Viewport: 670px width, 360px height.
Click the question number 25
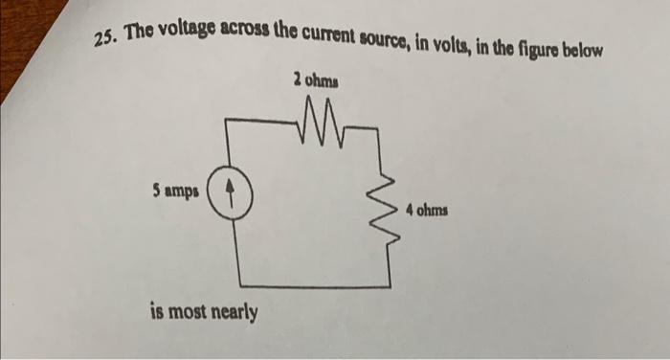(x=104, y=36)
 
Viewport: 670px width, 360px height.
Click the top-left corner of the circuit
(x=228, y=120)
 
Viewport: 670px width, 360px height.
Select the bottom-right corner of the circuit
(x=391, y=284)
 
